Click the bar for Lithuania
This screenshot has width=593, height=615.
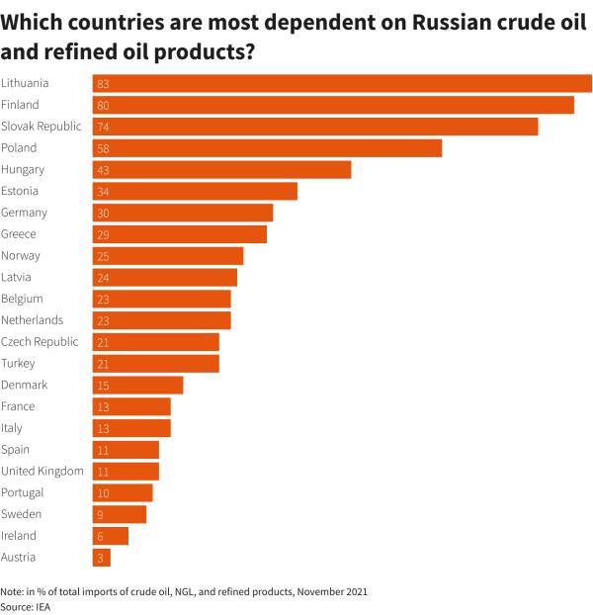point(342,83)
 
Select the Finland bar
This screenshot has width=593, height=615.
point(333,105)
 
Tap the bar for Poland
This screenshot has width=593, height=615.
point(267,148)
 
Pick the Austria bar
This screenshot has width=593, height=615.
point(102,558)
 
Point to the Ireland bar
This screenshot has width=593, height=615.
point(111,536)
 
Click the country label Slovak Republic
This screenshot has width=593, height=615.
point(41,127)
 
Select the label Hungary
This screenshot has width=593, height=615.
point(23,170)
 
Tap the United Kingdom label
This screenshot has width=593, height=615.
point(42,472)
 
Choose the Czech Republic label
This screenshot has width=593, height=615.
point(40,342)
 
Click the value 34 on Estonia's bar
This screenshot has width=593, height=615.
point(104,192)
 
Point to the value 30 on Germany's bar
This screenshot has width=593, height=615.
point(104,214)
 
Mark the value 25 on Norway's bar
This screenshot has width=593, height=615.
point(104,256)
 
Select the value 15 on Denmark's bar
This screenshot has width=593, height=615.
point(104,386)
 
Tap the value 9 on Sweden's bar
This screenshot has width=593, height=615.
point(101,515)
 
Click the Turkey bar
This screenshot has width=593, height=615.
point(156,364)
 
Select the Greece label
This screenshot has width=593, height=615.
point(19,234)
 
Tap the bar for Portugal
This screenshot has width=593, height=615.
point(123,493)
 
